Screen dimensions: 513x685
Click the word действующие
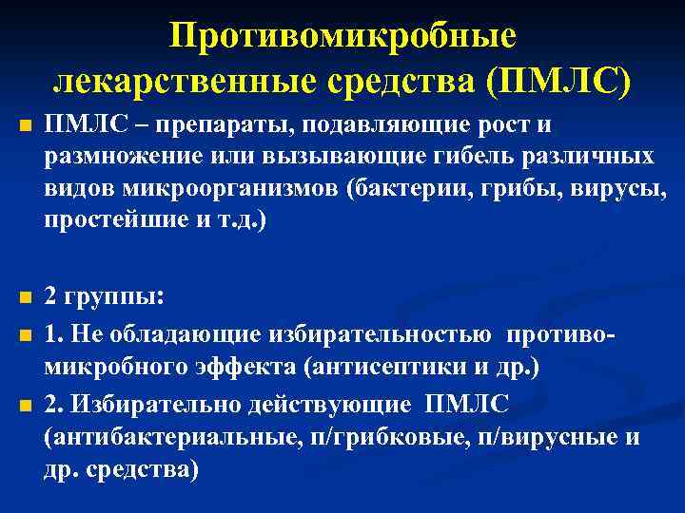tap(320, 403)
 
